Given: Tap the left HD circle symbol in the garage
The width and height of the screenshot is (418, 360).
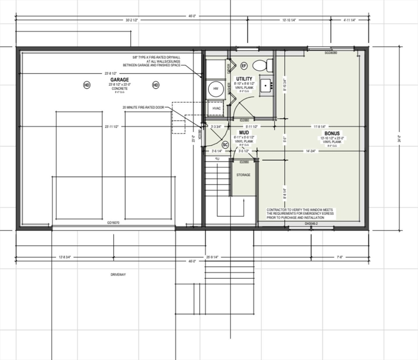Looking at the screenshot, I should click(x=86, y=85).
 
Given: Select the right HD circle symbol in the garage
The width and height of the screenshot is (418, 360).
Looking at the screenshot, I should click(x=156, y=85).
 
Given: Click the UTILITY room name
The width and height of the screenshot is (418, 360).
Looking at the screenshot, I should click(x=244, y=79).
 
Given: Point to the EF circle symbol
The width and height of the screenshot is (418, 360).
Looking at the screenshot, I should click(x=244, y=66).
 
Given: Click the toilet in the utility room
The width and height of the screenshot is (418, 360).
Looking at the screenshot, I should click(x=262, y=65).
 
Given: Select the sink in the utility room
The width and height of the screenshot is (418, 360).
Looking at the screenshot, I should click(x=266, y=85).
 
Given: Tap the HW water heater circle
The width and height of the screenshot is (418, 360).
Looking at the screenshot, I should click(x=216, y=89).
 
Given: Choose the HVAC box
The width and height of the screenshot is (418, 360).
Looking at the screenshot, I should click(x=216, y=108).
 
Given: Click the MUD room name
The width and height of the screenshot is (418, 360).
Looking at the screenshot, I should click(x=244, y=133).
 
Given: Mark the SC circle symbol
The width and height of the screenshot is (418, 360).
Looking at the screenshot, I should click(x=225, y=144).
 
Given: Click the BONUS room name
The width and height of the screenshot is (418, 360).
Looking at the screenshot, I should click(x=332, y=133).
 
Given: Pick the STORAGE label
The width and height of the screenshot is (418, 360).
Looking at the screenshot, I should click(x=243, y=175).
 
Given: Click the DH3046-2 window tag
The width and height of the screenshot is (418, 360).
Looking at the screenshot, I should click(x=312, y=224).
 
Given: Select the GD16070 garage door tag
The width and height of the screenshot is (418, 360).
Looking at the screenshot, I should click(x=114, y=223).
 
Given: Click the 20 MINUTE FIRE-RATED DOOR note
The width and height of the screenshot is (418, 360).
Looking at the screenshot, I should click(x=147, y=107).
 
